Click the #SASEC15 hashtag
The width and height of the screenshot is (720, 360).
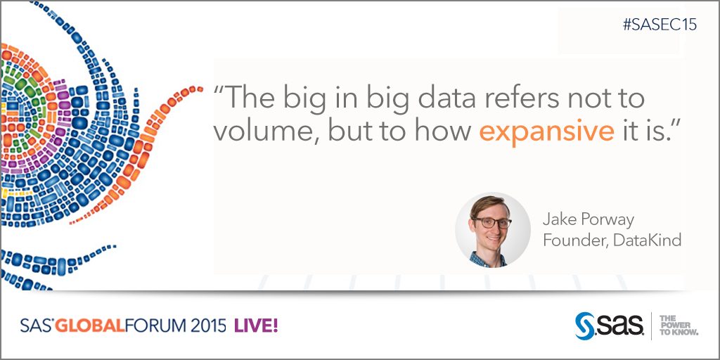pyautogui.click(x=660, y=25)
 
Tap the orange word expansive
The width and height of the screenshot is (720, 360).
pyautogui.click(x=546, y=131)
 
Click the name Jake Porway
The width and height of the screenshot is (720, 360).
pyautogui.click(x=588, y=220)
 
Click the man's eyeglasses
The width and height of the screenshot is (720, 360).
pyautogui.click(x=491, y=223)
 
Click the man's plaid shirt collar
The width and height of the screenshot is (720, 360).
pyautogui.click(x=487, y=259)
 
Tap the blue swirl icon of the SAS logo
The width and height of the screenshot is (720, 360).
pyautogui.click(x=584, y=326)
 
